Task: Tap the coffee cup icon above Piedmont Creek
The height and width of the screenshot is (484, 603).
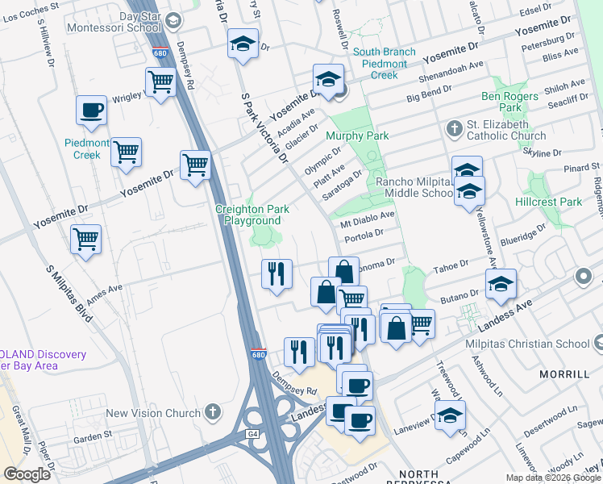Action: pyautogui.click(x=91, y=111)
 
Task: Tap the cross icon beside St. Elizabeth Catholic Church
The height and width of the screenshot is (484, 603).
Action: pyautogui.click(x=454, y=129)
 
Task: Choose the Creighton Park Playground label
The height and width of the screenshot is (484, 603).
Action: pyautogui.click(x=252, y=215)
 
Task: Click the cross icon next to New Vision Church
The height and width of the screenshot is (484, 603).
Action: pyautogui.click(x=213, y=413)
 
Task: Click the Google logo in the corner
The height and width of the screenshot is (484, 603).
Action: pyautogui.click(x=27, y=474)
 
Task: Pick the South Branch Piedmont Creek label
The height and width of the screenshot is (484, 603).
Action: pyautogui.click(x=385, y=64)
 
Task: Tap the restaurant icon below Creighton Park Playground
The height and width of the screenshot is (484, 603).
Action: pyautogui.click(x=277, y=273)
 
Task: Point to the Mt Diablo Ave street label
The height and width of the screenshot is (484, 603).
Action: pyautogui.click(x=367, y=219)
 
